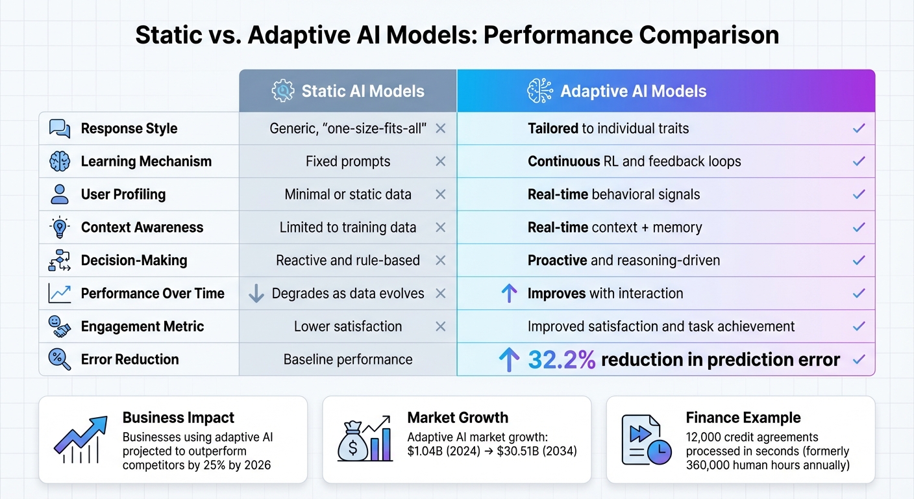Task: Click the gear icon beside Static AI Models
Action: click(x=282, y=91)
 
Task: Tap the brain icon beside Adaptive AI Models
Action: click(x=539, y=91)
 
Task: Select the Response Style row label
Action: click(x=129, y=129)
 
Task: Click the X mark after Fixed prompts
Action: click(x=440, y=162)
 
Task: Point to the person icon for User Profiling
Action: click(x=60, y=194)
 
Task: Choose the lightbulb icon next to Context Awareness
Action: click(x=60, y=227)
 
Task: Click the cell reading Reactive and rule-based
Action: click(x=348, y=261)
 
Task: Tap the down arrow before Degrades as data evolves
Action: click(x=256, y=294)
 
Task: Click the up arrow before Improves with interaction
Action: click(x=510, y=294)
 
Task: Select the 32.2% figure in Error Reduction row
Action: click(x=562, y=360)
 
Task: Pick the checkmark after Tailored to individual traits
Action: click(x=859, y=129)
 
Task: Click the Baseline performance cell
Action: click(x=348, y=359)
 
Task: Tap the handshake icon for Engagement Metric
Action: click(x=60, y=326)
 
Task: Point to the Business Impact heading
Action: click(x=179, y=418)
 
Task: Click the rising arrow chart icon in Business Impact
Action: click(x=80, y=440)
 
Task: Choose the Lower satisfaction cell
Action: click(x=348, y=326)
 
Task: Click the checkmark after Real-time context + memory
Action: click(x=859, y=227)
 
